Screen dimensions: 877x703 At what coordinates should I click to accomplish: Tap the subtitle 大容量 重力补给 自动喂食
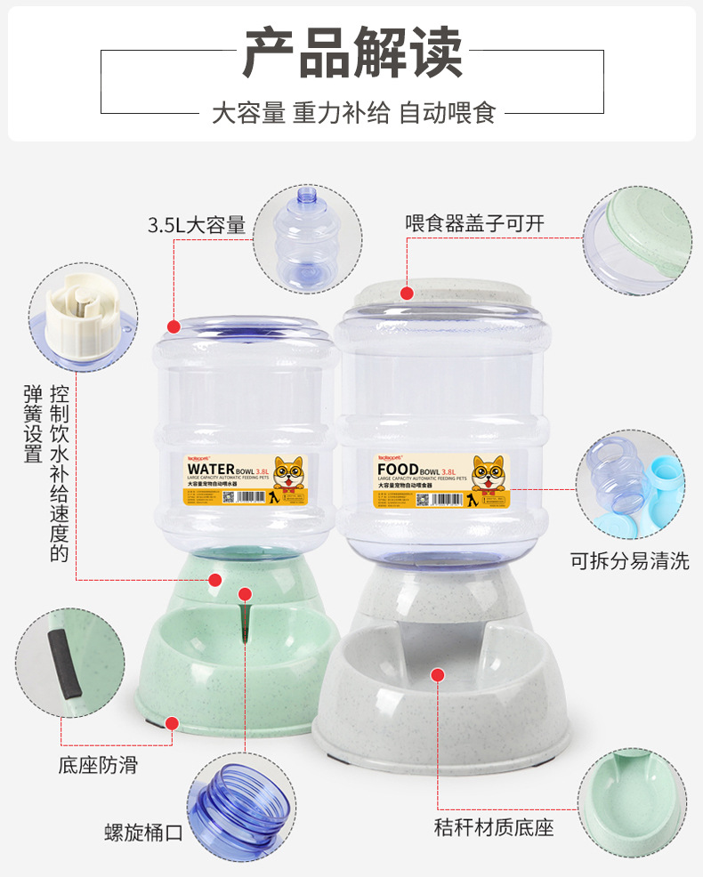pos(352,113)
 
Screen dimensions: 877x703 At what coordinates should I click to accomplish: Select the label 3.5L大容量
pos(196,225)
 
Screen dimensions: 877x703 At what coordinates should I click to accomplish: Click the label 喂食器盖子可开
pos(474,223)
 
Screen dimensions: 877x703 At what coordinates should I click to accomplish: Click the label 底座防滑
pos(99,764)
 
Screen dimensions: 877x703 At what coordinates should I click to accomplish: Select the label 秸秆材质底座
pos(494,827)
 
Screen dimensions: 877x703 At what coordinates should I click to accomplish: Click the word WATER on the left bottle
pos(212,469)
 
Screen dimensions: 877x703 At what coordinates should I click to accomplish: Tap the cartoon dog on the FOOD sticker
pos(486,475)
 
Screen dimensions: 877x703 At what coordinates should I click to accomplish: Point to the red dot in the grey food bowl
pos(437,676)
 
